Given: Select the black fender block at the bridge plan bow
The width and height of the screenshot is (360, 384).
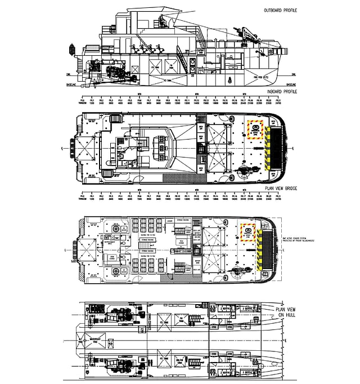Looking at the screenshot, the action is [x=276, y=149].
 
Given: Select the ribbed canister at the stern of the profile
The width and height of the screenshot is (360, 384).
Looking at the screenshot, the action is [x=71, y=51].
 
